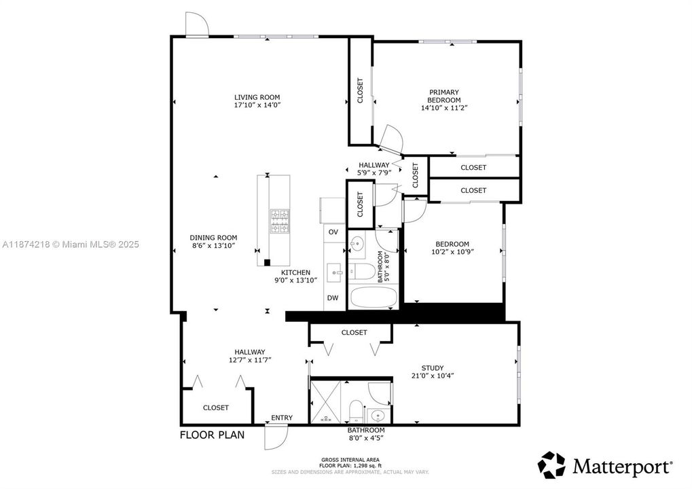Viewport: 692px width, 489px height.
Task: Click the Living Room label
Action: (257, 97)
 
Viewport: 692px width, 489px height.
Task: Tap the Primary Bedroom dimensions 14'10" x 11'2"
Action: (443, 108)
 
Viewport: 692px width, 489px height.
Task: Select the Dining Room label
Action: (213, 238)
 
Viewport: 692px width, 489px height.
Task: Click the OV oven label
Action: (333, 232)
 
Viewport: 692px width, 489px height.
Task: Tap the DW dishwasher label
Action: (333, 298)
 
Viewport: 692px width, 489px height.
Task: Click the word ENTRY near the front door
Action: (282, 418)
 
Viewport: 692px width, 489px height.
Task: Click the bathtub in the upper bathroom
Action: (373, 297)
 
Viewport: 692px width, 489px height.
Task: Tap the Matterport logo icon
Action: (551, 465)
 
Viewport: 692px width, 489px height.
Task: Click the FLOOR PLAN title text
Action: (212, 435)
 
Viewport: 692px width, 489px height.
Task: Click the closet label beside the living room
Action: (360, 91)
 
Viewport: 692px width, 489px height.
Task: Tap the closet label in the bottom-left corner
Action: (216, 407)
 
